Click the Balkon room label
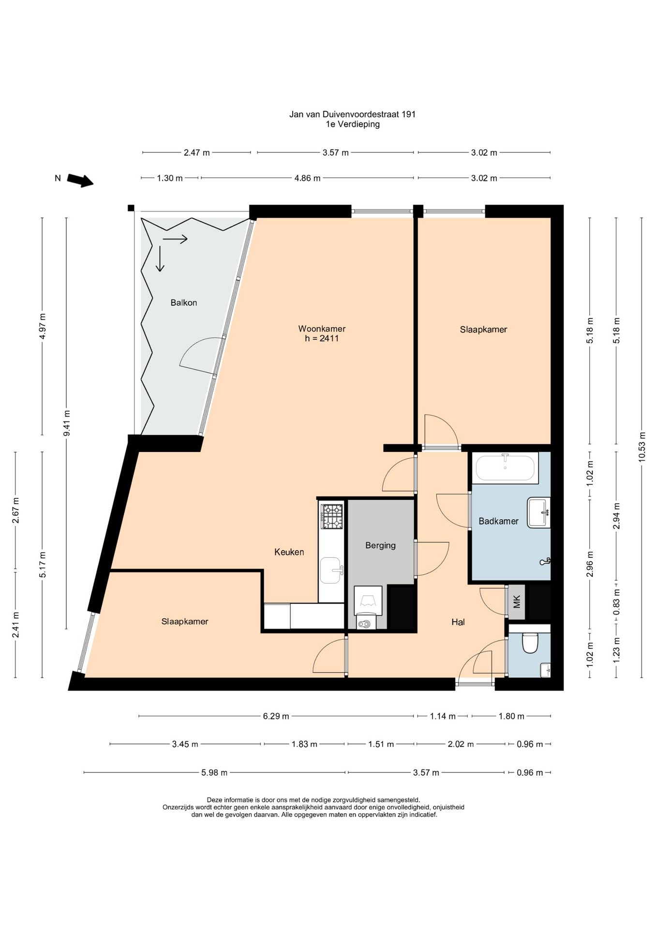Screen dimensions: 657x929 183,303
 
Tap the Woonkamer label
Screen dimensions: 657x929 322,329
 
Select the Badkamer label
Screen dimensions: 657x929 498,521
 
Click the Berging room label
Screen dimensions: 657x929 380,546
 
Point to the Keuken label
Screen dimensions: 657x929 289,552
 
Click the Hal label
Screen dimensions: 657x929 458,622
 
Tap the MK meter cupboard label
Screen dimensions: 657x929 516,602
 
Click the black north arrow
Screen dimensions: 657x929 80,180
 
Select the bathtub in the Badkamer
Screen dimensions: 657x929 505,468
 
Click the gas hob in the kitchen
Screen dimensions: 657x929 332,516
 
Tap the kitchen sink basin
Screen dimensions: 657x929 332,570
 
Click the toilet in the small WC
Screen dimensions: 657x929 530,643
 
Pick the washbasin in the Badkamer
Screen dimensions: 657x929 539,513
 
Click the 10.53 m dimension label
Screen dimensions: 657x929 642,447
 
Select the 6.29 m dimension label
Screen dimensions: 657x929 276,716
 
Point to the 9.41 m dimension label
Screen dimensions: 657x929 67,423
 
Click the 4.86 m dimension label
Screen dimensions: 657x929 307,178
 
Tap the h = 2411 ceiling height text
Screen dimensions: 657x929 322,339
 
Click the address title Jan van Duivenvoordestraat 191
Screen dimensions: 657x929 352,115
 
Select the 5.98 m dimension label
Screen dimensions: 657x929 214,773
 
